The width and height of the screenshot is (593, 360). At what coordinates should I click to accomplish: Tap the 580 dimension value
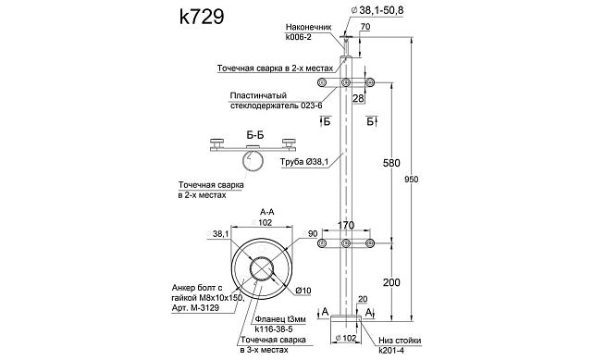(x=390, y=164)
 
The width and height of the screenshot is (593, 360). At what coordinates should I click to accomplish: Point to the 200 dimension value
(x=390, y=281)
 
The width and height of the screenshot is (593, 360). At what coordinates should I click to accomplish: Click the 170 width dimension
(x=346, y=225)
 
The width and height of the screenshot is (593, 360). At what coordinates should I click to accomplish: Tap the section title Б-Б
(x=255, y=134)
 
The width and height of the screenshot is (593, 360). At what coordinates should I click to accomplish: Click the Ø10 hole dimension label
(x=303, y=292)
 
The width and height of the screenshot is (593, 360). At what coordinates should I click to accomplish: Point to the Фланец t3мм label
(x=278, y=318)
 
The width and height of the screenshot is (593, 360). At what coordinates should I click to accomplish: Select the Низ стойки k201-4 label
(x=391, y=344)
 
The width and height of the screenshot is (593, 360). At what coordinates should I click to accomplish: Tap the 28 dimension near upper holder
(x=358, y=97)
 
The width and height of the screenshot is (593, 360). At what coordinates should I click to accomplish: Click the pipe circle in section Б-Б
(x=255, y=164)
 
